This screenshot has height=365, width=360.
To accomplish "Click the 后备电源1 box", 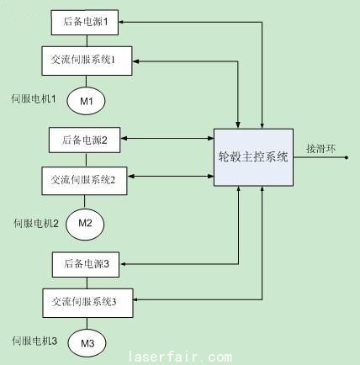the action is (85, 23).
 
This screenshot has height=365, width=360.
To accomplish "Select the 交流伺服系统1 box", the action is (87, 61).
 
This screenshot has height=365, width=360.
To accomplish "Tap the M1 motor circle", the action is (86, 101).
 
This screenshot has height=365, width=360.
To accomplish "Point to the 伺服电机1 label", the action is (34, 98).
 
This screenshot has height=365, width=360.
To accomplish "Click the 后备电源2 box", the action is (84, 140).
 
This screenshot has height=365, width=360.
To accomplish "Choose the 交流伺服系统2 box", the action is (84, 181).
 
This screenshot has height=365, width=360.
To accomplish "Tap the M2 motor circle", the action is (85, 225).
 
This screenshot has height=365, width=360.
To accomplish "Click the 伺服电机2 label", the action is (36, 224).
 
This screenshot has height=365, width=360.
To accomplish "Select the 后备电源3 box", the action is (86, 264).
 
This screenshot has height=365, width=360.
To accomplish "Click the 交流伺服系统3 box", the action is (87, 303).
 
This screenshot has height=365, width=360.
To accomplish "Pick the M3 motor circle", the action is (87, 343).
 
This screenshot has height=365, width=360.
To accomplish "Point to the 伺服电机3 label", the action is (34, 341).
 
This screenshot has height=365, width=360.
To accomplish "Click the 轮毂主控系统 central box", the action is (253, 157).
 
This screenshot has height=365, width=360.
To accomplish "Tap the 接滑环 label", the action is (321, 149).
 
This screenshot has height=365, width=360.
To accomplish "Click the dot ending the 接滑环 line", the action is (347, 157).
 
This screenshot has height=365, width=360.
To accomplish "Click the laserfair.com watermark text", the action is (180, 357).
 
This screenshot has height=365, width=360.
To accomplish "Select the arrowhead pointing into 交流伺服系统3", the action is (135, 299).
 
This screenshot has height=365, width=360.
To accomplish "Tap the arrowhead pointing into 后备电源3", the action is (123, 264).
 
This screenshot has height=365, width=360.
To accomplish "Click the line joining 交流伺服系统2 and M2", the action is (84, 202).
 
